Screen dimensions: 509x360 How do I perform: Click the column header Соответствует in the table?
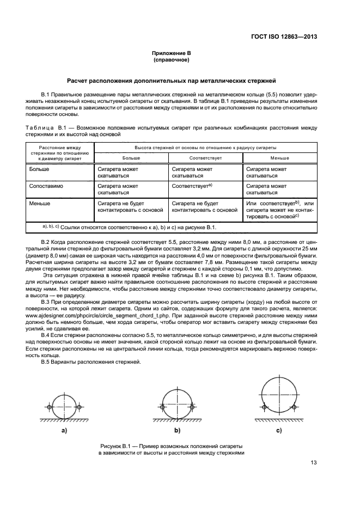pos(206,157)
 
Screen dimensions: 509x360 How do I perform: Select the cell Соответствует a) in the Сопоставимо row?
pos(191,186)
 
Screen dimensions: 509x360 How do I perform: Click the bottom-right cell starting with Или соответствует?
pos(280,209)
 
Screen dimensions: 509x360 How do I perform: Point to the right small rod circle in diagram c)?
pos(295,407)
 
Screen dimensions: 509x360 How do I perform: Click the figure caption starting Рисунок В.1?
pos(172,449)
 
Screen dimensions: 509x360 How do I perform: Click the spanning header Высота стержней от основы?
pos(206,147)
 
